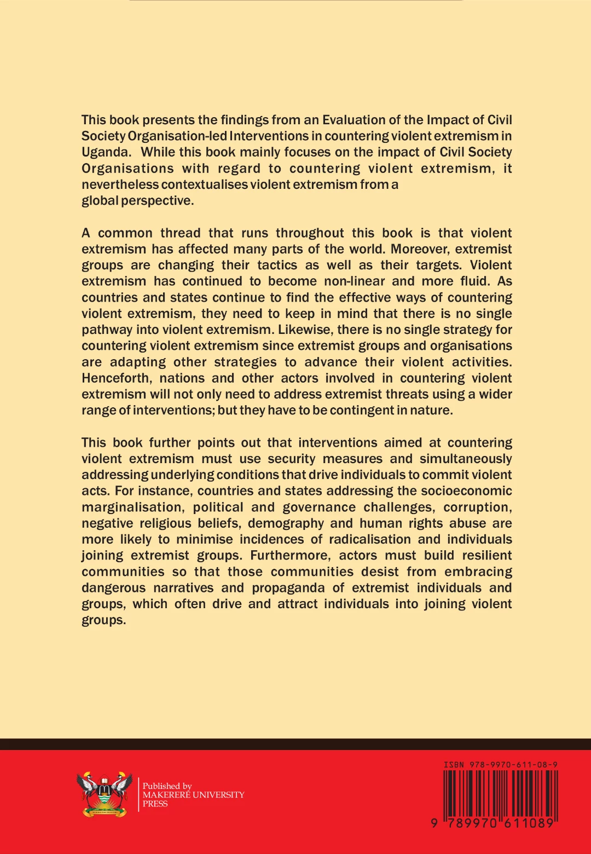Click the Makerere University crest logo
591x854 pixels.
pos(105,794)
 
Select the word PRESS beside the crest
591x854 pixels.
pos(155,804)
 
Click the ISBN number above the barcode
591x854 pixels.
pos(500,765)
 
